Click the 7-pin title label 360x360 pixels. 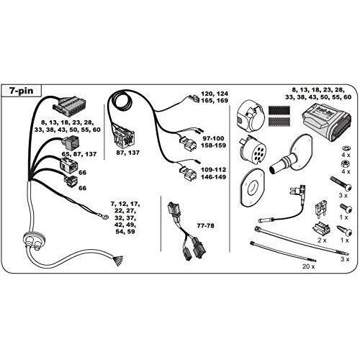click(x=21, y=91)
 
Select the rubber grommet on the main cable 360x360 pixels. click(x=34, y=238)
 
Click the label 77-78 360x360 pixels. click(x=205, y=226)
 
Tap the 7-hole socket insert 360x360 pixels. click(x=252, y=150)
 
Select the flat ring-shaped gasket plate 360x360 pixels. click(x=253, y=188)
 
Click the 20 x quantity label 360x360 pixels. click(x=309, y=266)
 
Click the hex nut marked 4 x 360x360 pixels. click(x=345, y=164)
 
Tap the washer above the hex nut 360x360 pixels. click(x=345, y=148)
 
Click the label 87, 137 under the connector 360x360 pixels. click(x=127, y=153)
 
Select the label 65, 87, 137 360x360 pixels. click(x=78, y=154)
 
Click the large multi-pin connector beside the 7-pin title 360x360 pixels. click(x=70, y=107)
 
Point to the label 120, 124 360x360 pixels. click(x=215, y=94)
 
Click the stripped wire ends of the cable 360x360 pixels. click(x=119, y=261)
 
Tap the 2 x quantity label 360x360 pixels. click(x=322, y=240)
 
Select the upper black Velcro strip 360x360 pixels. click(x=279, y=110)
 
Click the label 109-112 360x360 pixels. click(x=213, y=170)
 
